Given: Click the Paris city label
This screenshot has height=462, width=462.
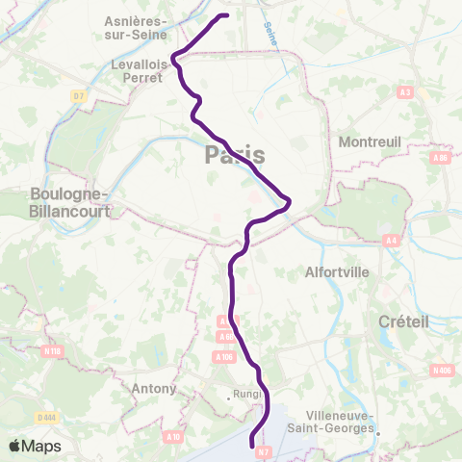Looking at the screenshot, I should pos(235,156).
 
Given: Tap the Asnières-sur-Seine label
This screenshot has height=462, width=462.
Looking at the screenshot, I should pos(137,27).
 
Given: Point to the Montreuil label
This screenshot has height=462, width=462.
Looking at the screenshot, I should pos(369,141).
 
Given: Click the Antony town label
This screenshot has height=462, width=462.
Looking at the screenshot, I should pos(156,389).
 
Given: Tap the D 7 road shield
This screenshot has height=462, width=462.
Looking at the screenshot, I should pos(78,96).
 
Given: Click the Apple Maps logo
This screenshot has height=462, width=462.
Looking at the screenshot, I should pos(35,447).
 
